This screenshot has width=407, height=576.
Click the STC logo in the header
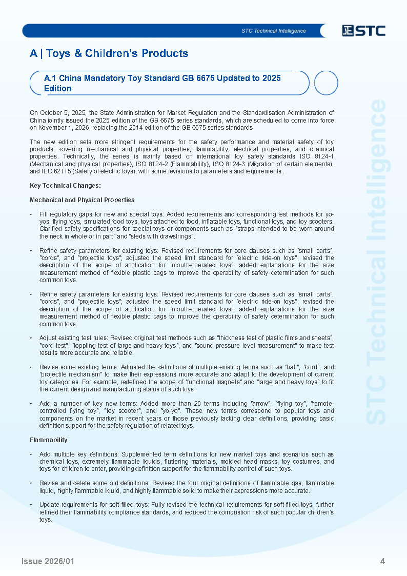363,31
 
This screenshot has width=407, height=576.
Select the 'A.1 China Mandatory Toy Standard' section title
162,83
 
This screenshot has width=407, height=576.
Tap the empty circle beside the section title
325,83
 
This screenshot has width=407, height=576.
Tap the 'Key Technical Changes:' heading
65,186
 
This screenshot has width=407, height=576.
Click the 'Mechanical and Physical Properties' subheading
82,200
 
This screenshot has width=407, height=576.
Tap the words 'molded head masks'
252,462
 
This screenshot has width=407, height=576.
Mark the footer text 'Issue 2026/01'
48,562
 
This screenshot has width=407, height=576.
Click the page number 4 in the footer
382,562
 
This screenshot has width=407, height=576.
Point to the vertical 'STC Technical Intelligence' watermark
377,262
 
